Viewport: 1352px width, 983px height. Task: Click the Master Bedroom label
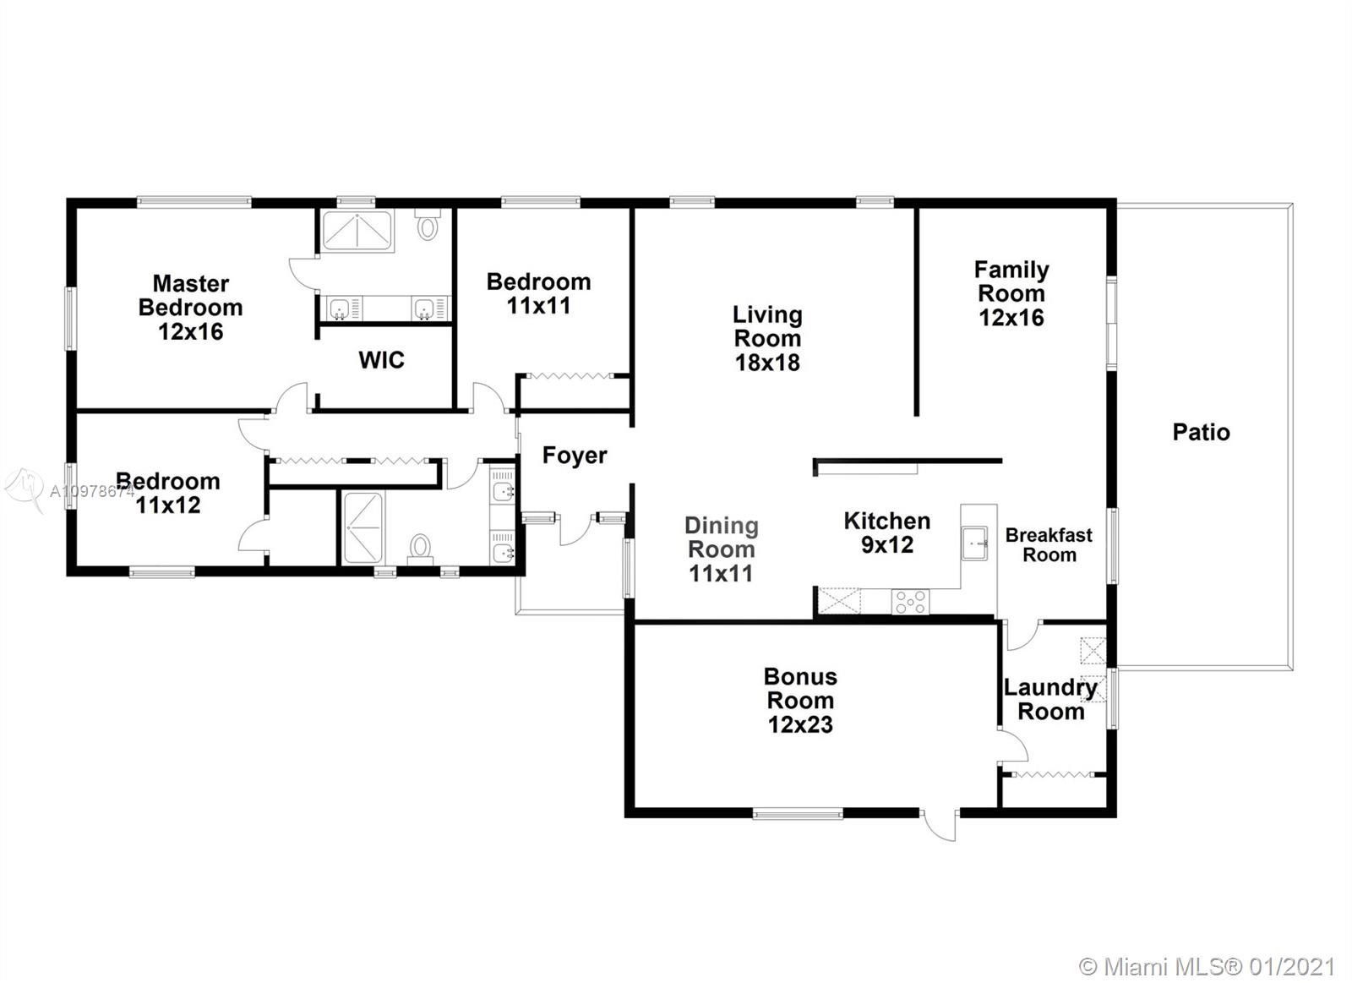191,308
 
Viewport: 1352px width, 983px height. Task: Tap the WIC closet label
381,360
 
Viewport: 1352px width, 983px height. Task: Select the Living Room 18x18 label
767,338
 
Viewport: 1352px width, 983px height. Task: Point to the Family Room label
1011,293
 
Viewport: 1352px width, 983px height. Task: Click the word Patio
1201,432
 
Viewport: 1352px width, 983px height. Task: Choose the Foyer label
575,456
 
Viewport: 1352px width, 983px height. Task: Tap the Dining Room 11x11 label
722,549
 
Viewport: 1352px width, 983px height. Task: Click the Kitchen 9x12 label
886,532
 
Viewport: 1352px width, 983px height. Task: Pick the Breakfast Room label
1049,544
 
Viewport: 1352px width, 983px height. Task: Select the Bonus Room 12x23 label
800,701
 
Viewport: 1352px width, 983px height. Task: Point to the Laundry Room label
1051,699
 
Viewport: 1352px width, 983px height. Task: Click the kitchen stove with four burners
910,602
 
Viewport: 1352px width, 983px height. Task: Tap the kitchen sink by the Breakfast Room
974,543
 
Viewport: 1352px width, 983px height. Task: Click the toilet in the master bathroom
428,225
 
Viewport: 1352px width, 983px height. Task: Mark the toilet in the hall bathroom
419,549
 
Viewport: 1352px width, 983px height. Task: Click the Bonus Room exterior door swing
939,826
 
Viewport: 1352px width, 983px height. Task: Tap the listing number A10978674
92,492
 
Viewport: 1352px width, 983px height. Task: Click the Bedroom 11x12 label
168,494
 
